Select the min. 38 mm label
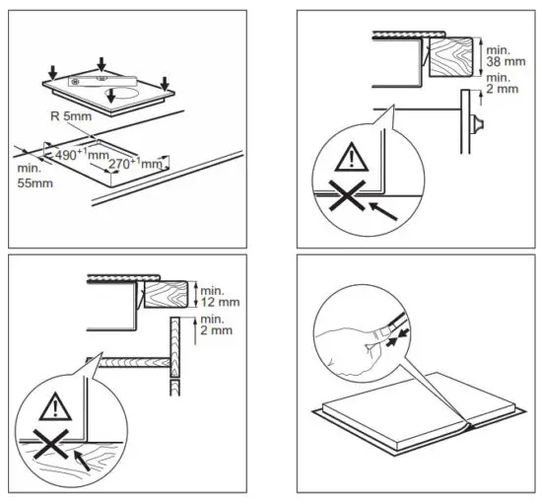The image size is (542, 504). (503, 54)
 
